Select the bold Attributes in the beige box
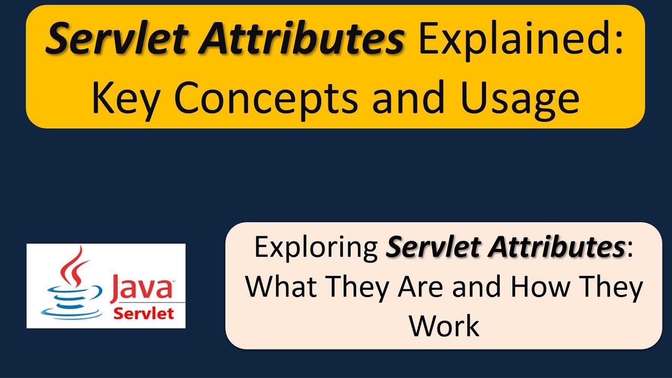pos(556,248)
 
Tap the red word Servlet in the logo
pos(144,314)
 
